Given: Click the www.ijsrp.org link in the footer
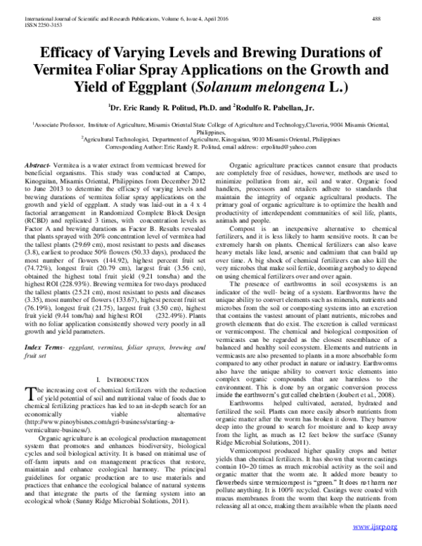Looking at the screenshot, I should pyautogui.click(x=375, y=527).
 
